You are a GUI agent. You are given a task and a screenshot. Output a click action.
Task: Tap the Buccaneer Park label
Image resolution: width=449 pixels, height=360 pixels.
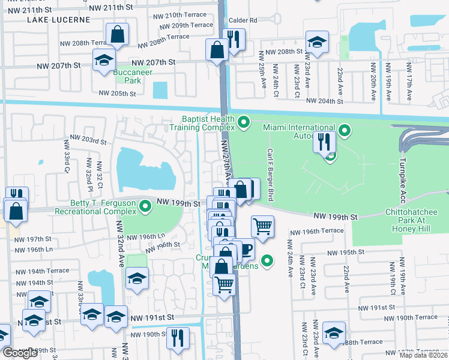click(x=127, y=76)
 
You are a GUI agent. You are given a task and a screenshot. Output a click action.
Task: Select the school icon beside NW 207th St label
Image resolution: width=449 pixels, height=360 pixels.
click(x=104, y=59)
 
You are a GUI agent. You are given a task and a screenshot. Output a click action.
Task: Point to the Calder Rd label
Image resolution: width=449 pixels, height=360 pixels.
click(x=242, y=20)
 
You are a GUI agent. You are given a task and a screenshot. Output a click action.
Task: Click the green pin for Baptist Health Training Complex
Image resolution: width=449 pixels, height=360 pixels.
click(x=244, y=123)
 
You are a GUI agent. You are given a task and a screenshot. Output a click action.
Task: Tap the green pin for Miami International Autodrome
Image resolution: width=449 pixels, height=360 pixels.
click(x=345, y=130)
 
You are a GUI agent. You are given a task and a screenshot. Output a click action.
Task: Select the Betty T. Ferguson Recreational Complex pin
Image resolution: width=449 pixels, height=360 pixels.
click(x=145, y=207)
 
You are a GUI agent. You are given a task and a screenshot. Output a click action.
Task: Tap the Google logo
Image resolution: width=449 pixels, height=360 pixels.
click(x=19, y=353)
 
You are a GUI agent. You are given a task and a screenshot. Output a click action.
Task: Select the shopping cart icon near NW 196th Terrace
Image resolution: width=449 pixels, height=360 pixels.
click(x=262, y=226)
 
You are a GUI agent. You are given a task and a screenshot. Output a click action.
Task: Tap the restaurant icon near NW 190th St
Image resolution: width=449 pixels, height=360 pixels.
click(x=178, y=337)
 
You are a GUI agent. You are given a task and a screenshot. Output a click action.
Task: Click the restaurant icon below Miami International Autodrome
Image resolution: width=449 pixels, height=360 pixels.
click(x=322, y=142)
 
